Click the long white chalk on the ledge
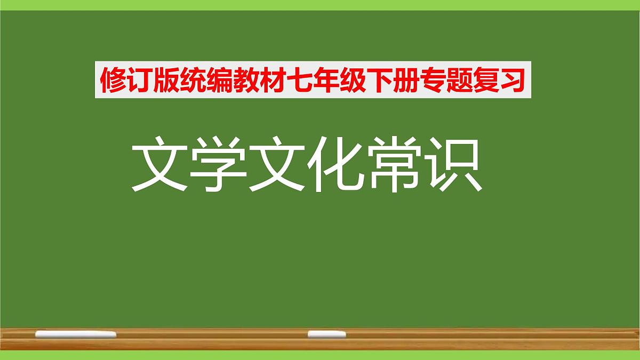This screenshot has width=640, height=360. [75, 334]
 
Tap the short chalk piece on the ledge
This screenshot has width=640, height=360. [326, 334]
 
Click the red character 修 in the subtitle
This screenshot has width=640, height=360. [112, 82]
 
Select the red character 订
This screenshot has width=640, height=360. [138, 82]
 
